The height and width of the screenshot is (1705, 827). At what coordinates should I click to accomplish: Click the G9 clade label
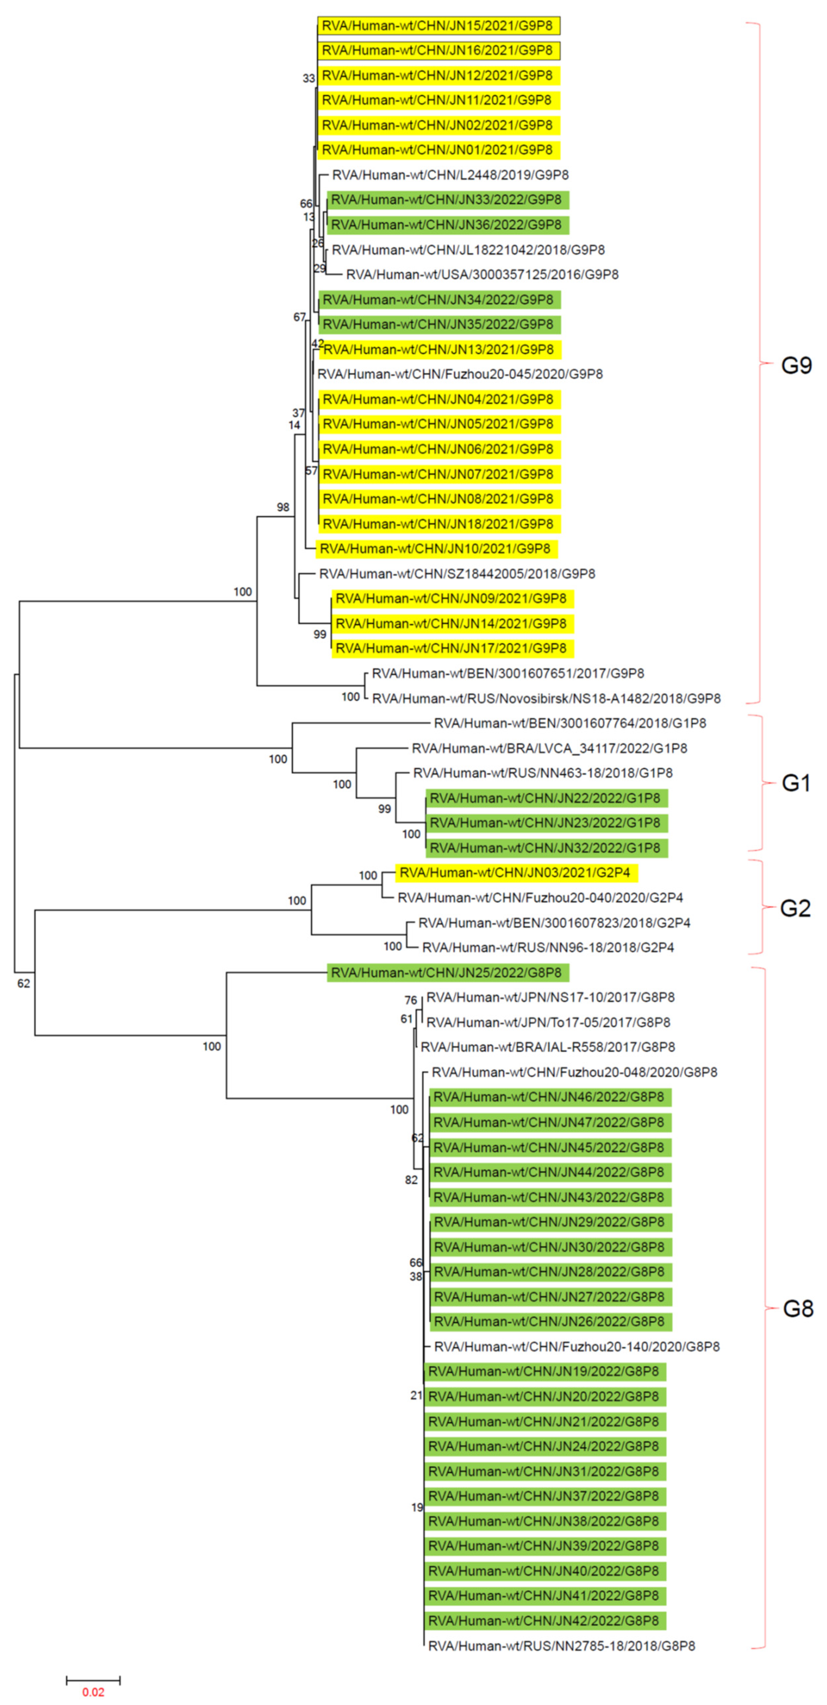point(796,365)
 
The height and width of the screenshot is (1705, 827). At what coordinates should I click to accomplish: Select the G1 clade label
point(796,783)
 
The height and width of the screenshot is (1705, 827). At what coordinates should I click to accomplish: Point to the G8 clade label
point(797,1308)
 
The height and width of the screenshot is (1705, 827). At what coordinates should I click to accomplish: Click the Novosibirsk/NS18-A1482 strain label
point(546,698)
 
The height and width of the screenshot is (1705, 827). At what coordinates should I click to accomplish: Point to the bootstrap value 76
point(410,1000)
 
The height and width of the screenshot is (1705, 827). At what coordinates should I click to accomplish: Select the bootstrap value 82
point(411,1180)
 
